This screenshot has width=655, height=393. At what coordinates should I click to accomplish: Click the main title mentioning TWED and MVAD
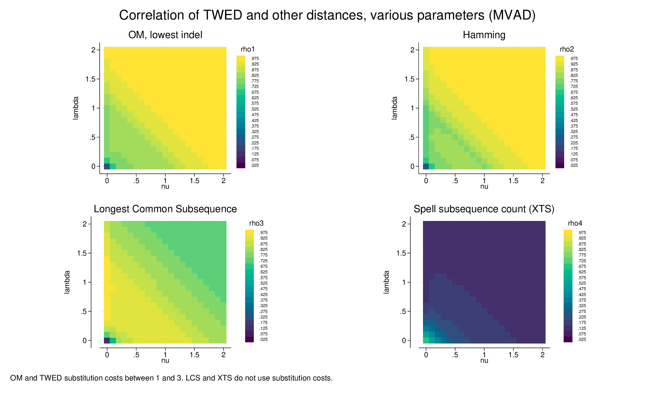327,15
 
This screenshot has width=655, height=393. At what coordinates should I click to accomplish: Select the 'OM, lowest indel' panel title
165,35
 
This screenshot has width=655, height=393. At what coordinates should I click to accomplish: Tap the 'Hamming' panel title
484,35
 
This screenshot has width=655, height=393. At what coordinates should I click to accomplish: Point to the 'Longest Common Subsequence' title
165,209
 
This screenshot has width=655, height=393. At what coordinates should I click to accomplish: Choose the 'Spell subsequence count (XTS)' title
484,209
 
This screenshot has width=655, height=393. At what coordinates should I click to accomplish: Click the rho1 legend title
247,49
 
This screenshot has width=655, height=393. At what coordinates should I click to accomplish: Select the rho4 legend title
575,223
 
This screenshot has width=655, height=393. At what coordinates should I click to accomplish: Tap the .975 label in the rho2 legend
574,59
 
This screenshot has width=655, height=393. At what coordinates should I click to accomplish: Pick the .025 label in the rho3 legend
263,339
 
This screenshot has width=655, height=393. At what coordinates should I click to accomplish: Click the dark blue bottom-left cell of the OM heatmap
107,166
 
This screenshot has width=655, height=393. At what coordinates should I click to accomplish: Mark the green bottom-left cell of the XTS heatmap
426,340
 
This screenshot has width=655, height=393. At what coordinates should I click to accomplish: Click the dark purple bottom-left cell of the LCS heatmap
107,340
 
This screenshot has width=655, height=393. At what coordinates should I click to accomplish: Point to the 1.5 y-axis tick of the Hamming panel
409,79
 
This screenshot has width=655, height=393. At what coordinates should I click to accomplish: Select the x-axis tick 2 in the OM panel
223,181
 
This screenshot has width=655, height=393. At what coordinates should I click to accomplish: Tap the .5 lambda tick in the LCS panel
84,311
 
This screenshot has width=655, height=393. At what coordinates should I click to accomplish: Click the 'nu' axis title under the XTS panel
484,360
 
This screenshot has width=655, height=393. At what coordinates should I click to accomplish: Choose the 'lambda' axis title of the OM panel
75,108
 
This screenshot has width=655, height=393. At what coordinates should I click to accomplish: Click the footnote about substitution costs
171,378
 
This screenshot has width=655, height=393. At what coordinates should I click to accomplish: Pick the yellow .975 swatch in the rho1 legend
241,59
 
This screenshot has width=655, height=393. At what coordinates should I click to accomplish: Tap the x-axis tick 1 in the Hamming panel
484,181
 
